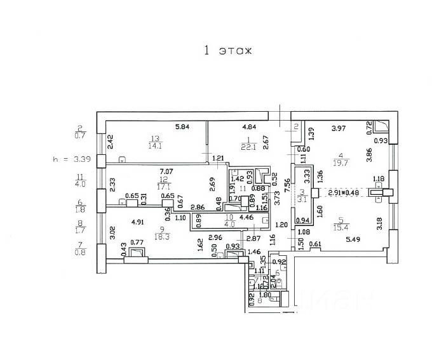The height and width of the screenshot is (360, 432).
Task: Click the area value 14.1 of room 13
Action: pos(155,145)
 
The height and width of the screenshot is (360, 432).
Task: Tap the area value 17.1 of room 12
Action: pos(166,187)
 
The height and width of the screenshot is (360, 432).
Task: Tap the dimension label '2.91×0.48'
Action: pos(343,192)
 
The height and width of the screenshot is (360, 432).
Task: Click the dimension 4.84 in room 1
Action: pos(248,126)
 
